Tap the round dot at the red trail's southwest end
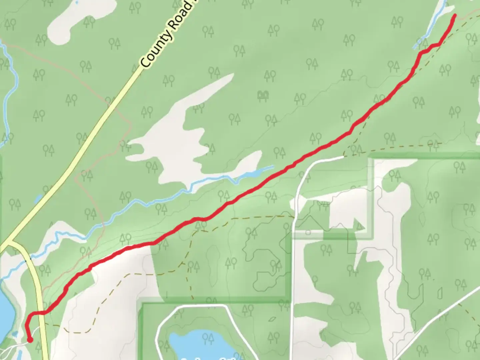pos(30,340)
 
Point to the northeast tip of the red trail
pos(455,15)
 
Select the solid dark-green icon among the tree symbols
pos(263,96)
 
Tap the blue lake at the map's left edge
pos(6,310)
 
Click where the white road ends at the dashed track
pos(343,156)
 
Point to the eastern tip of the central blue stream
pos(273,166)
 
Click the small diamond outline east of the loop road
pos(272,319)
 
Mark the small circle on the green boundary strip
pos(308,232)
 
